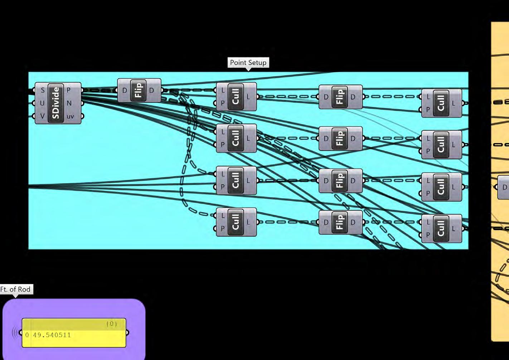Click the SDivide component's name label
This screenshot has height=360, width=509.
[x=56, y=103]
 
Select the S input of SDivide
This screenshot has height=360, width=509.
[x=43, y=90]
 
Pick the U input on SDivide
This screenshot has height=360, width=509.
[x=42, y=103]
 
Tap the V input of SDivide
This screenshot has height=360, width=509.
[x=42, y=116]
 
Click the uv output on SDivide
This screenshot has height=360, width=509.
[x=70, y=116]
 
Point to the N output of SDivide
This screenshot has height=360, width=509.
[x=69, y=103]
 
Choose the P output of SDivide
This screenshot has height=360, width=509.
[x=69, y=90]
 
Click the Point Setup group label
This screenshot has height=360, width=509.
[x=248, y=63]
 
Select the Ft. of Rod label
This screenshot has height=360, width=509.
[x=16, y=289]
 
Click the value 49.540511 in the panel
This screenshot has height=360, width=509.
[x=52, y=335]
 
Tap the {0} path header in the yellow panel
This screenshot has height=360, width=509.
[x=111, y=324]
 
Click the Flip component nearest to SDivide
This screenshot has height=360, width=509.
[x=138, y=91]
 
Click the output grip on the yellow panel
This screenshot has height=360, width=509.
[x=127, y=333]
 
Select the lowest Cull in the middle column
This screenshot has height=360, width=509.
[x=236, y=222]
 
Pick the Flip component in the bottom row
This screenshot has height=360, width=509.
[x=339, y=222]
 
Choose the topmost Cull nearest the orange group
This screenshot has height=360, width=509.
[x=441, y=103]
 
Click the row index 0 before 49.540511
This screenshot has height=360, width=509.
[x=27, y=335]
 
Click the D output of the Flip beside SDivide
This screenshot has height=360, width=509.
[x=152, y=91]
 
